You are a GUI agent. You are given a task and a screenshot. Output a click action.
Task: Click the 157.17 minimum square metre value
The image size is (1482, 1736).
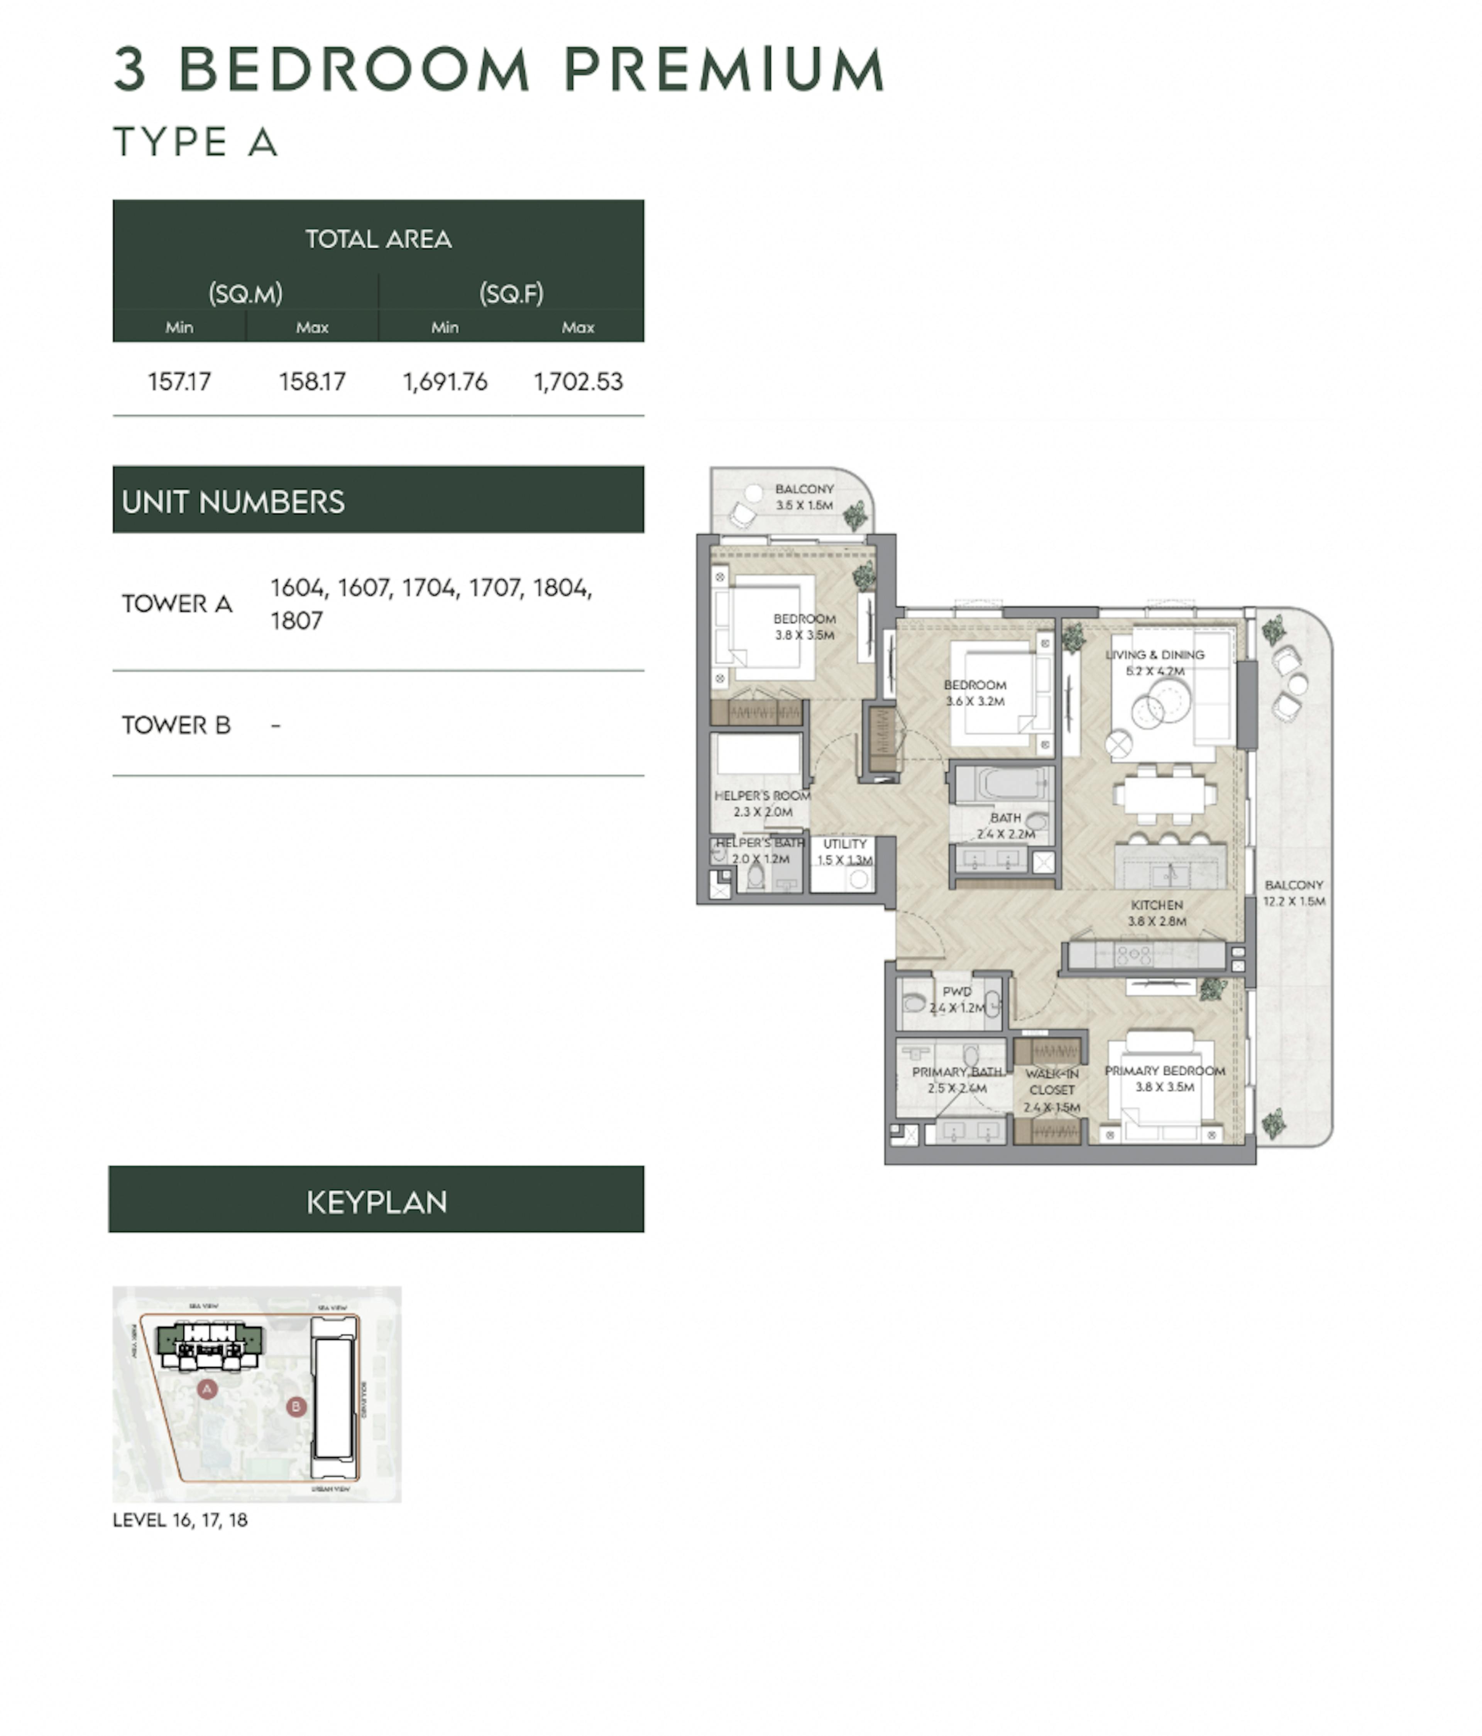(179, 382)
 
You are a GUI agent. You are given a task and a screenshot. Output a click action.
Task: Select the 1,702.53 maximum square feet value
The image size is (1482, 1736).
(578, 382)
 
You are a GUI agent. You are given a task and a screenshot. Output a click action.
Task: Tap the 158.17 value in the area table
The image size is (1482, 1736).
(312, 382)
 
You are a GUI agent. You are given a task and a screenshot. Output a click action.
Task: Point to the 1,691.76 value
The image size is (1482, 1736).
(445, 382)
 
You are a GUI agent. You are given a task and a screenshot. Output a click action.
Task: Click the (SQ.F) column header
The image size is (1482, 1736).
(511, 293)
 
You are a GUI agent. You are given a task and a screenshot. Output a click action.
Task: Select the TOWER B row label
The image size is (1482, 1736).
(176, 725)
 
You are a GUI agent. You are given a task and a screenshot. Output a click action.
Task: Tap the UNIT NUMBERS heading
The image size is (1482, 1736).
(233, 502)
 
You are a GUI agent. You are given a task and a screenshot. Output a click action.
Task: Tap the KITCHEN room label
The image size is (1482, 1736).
(1156, 905)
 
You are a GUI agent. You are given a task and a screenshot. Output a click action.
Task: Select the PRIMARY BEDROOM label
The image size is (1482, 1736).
(1164, 1071)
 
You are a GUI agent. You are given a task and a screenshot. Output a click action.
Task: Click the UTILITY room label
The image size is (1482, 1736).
(844, 844)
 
